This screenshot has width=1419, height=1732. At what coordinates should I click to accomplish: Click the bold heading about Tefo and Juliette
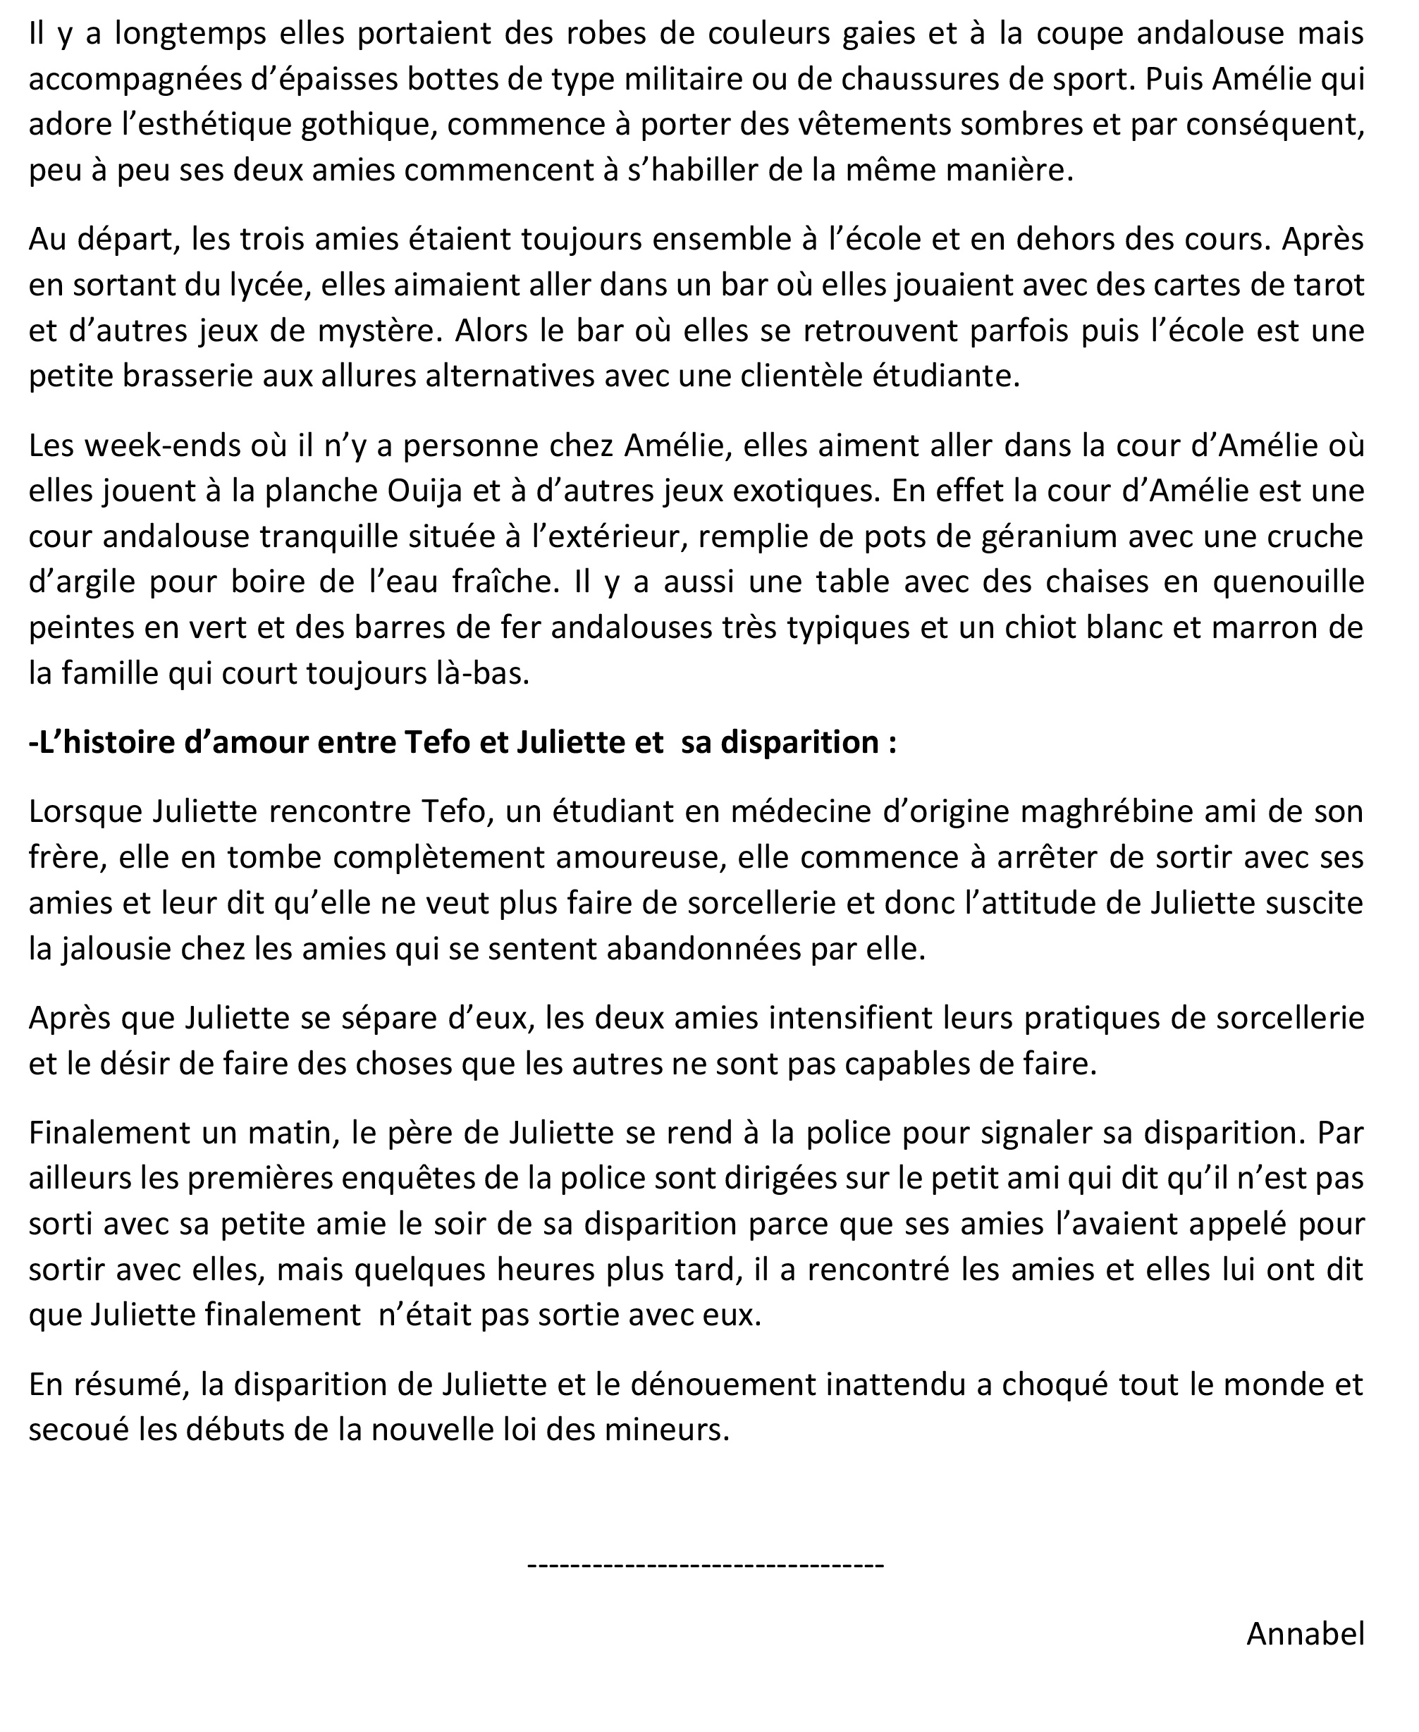pyautogui.click(x=462, y=743)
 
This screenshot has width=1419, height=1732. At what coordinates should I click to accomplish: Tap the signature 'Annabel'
pyautogui.click(x=1305, y=1634)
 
